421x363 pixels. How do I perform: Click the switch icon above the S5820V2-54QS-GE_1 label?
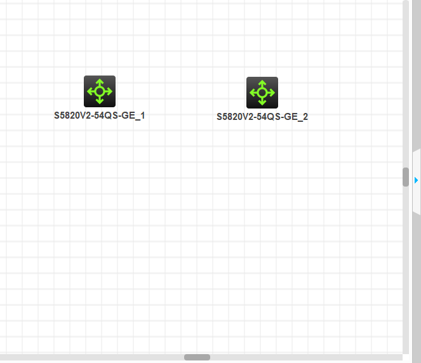pos(100,91)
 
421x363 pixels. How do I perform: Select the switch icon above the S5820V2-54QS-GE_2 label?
pos(262,93)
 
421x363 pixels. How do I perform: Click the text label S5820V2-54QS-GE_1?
pos(100,115)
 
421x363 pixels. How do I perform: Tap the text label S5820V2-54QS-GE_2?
pos(262,117)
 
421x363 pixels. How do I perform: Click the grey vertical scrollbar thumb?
pos(406,176)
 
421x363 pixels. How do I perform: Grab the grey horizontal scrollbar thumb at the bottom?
pos(197,357)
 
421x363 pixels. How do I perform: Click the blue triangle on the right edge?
pos(417,180)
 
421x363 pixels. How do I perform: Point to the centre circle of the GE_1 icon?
pos(100,91)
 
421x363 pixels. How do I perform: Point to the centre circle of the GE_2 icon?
pos(262,93)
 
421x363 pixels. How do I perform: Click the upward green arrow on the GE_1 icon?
pos(100,82)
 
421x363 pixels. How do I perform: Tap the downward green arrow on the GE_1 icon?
pos(100,101)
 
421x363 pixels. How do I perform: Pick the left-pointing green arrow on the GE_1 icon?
pos(90,91)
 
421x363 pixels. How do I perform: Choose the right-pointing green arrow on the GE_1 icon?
pos(109,91)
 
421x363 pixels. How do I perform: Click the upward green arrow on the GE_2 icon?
pos(262,83)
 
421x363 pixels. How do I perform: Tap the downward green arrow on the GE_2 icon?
pos(262,102)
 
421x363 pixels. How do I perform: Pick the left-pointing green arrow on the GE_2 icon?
pos(253,93)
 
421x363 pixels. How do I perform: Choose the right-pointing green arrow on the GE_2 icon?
pos(272,93)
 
